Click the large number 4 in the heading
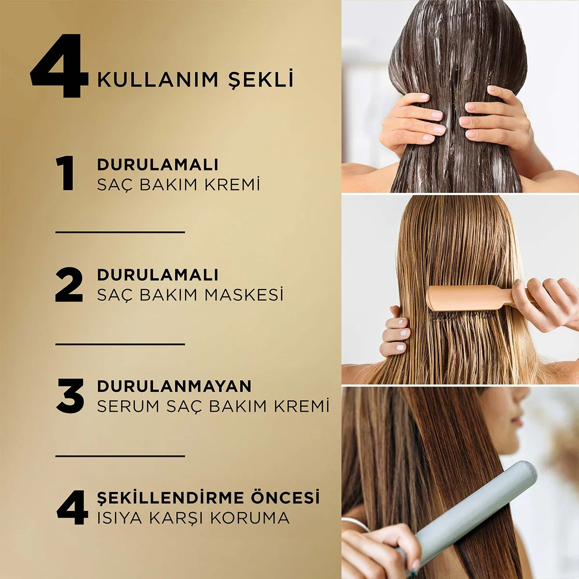click(x=59, y=66)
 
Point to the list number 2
click(x=69, y=285)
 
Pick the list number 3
click(x=70, y=396)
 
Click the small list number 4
click(x=72, y=507)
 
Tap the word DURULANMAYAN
click(x=174, y=386)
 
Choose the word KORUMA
click(x=249, y=518)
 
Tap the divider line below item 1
click(x=120, y=232)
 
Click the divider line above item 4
click(x=120, y=456)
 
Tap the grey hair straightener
click(x=469, y=520)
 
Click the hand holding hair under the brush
click(x=394, y=333)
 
